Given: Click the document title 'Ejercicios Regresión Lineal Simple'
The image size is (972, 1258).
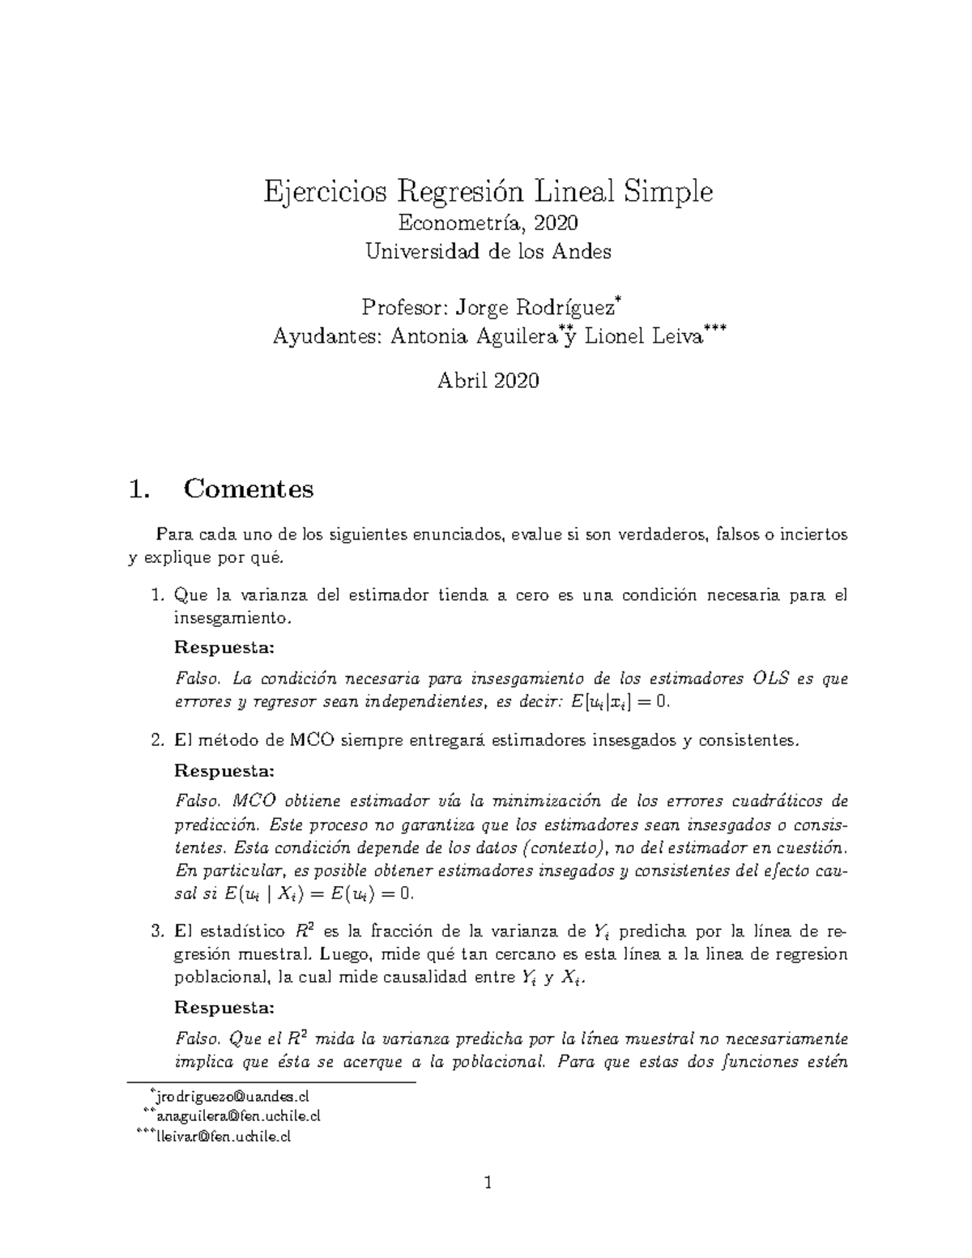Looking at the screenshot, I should click(x=488, y=192).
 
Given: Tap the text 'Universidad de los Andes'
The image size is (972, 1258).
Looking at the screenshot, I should click(x=488, y=251).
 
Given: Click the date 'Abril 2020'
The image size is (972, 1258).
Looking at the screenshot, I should click(x=488, y=381).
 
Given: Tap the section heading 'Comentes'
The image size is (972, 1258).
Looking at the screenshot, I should click(x=248, y=488).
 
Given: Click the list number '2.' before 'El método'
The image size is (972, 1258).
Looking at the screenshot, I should click(x=159, y=740).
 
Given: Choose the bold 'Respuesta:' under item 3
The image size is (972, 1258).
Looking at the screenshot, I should click(x=224, y=1009).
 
